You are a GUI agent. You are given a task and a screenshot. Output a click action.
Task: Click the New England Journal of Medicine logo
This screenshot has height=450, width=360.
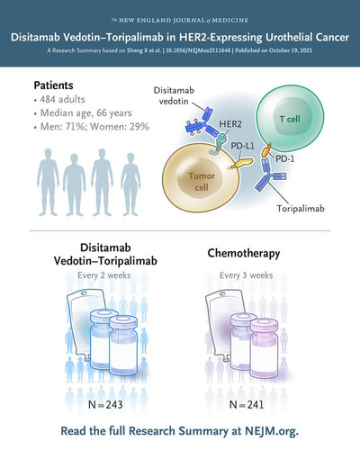(180, 21)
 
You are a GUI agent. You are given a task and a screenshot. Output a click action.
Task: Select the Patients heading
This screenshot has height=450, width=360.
(53, 85)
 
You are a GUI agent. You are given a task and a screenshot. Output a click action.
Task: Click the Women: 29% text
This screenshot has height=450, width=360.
(120, 127)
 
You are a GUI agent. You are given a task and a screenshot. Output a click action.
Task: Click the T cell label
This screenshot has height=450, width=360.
(290, 119)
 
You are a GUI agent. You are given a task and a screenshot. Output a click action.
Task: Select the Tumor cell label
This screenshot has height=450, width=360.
(202, 182)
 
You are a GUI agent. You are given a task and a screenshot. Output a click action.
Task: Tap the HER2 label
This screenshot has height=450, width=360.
(230, 124)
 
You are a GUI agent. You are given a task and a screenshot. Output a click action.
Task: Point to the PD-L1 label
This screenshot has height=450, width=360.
(242, 146)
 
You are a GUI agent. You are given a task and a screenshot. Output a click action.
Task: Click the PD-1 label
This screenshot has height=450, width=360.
(285, 158)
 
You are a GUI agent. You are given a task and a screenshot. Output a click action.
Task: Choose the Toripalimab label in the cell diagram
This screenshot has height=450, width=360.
(301, 208)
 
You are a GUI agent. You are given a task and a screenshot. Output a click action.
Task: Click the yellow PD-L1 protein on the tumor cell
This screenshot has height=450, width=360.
(241, 164)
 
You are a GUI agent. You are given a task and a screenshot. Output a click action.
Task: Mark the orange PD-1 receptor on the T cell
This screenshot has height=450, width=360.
(266, 150)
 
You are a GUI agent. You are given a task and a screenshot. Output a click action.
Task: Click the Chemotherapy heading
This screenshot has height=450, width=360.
(244, 254)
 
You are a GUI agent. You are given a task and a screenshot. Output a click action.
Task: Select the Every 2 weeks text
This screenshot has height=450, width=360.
(104, 275)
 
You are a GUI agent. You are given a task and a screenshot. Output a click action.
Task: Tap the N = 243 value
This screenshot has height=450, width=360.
(105, 405)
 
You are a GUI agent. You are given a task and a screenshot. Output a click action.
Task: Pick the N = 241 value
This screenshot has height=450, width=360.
(247, 405)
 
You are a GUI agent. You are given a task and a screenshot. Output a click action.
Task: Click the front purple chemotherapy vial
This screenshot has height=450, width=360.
(265, 348)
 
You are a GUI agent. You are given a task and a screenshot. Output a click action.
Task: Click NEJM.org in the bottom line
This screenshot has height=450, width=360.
(272, 431)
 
